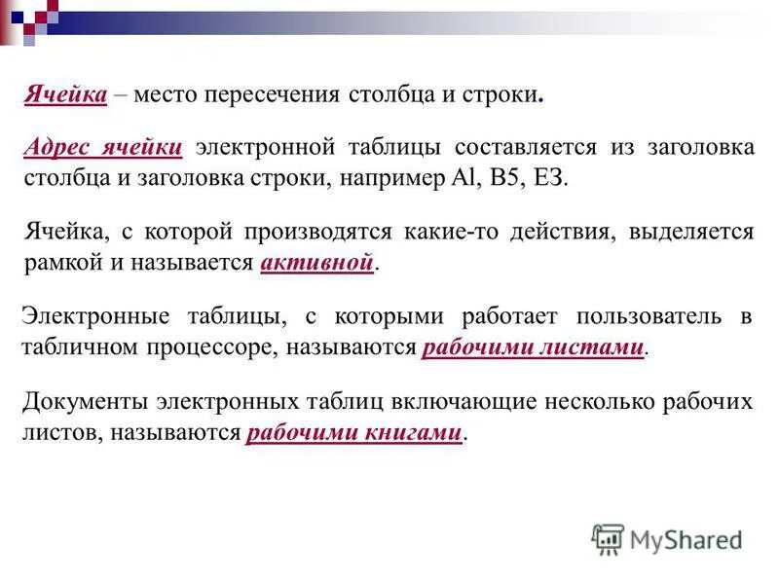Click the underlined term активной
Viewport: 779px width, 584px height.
(x=317, y=264)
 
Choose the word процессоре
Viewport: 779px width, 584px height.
(x=216, y=347)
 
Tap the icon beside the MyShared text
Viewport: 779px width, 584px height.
(x=608, y=539)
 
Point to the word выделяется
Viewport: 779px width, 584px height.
(x=691, y=232)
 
